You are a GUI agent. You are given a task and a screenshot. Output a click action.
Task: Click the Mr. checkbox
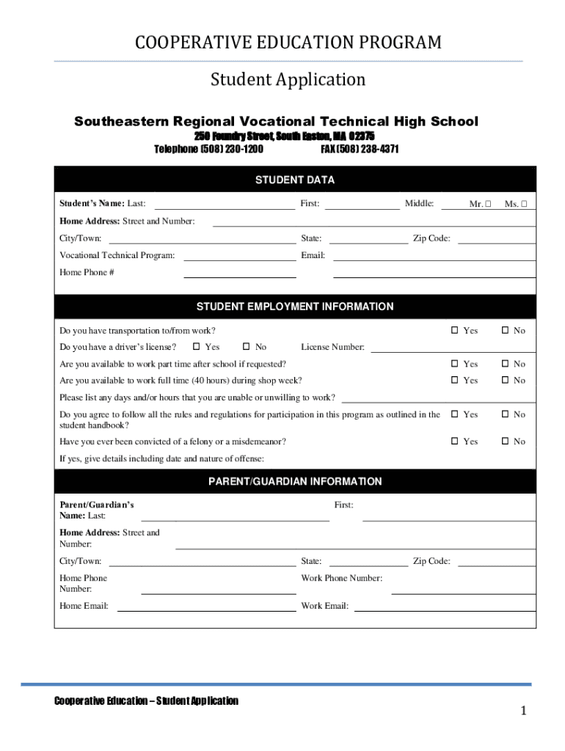click(x=488, y=205)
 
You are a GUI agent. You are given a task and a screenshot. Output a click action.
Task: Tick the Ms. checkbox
click(x=524, y=205)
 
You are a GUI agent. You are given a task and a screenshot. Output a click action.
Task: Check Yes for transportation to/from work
click(x=455, y=331)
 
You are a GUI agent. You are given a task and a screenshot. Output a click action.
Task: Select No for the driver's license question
click(x=247, y=347)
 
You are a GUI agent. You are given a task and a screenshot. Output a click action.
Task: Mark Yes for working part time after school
click(x=455, y=364)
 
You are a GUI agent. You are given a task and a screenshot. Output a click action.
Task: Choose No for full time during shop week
click(x=506, y=380)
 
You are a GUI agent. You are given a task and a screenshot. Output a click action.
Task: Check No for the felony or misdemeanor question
click(x=506, y=442)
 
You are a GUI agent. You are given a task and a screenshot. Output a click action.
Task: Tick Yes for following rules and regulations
click(x=455, y=414)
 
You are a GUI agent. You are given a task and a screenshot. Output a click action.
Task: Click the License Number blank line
click(x=452, y=349)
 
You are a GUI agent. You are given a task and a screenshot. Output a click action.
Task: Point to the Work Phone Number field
click(x=463, y=590)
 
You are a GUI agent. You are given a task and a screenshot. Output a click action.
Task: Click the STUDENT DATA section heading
click(x=295, y=180)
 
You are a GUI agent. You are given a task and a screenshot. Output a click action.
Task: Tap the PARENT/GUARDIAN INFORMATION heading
click(x=295, y=482)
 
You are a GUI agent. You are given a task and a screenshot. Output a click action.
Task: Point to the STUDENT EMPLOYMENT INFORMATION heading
click(x=295, y=307)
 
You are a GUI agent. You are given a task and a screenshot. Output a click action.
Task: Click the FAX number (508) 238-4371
click(x=360, y=149)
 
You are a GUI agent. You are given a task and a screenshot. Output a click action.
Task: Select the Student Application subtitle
click(x=288, y=79)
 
